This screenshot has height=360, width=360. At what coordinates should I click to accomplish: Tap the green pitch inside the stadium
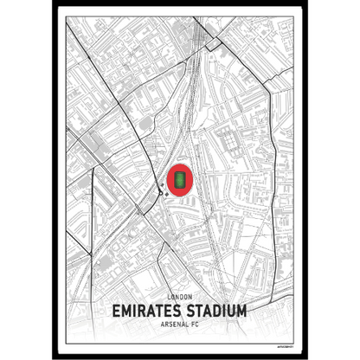(180, 179)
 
